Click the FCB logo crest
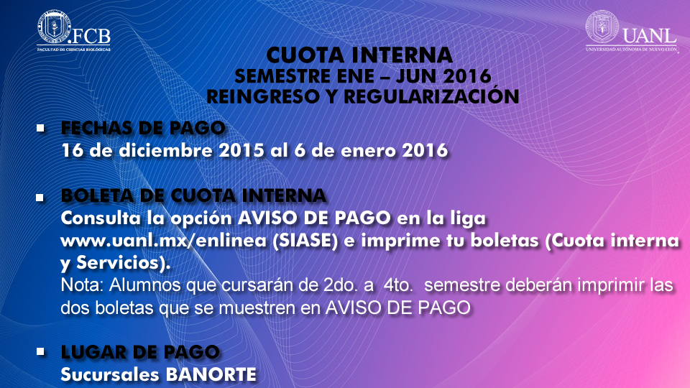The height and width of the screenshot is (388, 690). coord(54,27)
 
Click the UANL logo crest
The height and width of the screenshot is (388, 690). coord(602,27)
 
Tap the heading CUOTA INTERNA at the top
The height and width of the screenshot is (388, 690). coord(359,55)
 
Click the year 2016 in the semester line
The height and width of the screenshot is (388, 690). coord(467,76)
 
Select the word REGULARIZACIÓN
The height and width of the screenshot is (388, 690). coord(431,96)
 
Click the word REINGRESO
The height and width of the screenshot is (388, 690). coord(263,97)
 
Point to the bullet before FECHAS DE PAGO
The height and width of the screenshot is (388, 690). coord(40,128)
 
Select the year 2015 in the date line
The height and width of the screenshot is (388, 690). coord(241,150)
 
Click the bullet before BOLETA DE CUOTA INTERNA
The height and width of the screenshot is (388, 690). coord(40,198)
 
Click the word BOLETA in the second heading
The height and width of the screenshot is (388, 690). coord(97,195)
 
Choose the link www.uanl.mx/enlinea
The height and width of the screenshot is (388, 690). coord(164,241)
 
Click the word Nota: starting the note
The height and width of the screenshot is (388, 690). coord(82,285)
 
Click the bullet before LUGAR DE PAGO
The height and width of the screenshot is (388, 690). coord(40,351)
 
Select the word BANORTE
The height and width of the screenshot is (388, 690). coord(211,375)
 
